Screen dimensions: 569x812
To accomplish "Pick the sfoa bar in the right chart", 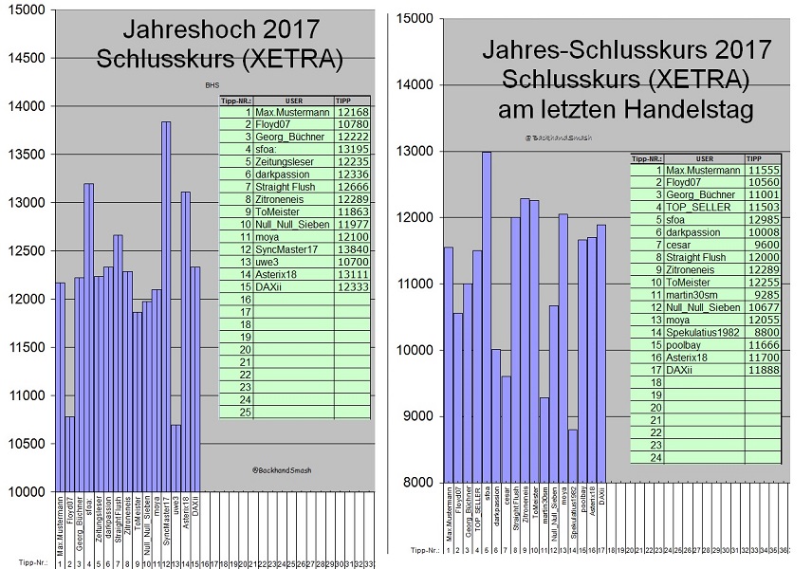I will [x=487, y=317].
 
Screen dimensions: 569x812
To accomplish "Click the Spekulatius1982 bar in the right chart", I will [x=573, y=455].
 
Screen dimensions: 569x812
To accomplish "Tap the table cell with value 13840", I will [x=350, y=248].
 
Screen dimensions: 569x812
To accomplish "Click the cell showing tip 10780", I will [x=350, y=125].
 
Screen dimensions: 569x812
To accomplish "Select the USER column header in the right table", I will [x=703, y=158].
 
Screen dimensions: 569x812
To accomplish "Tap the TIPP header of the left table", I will [x=350, y=100].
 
